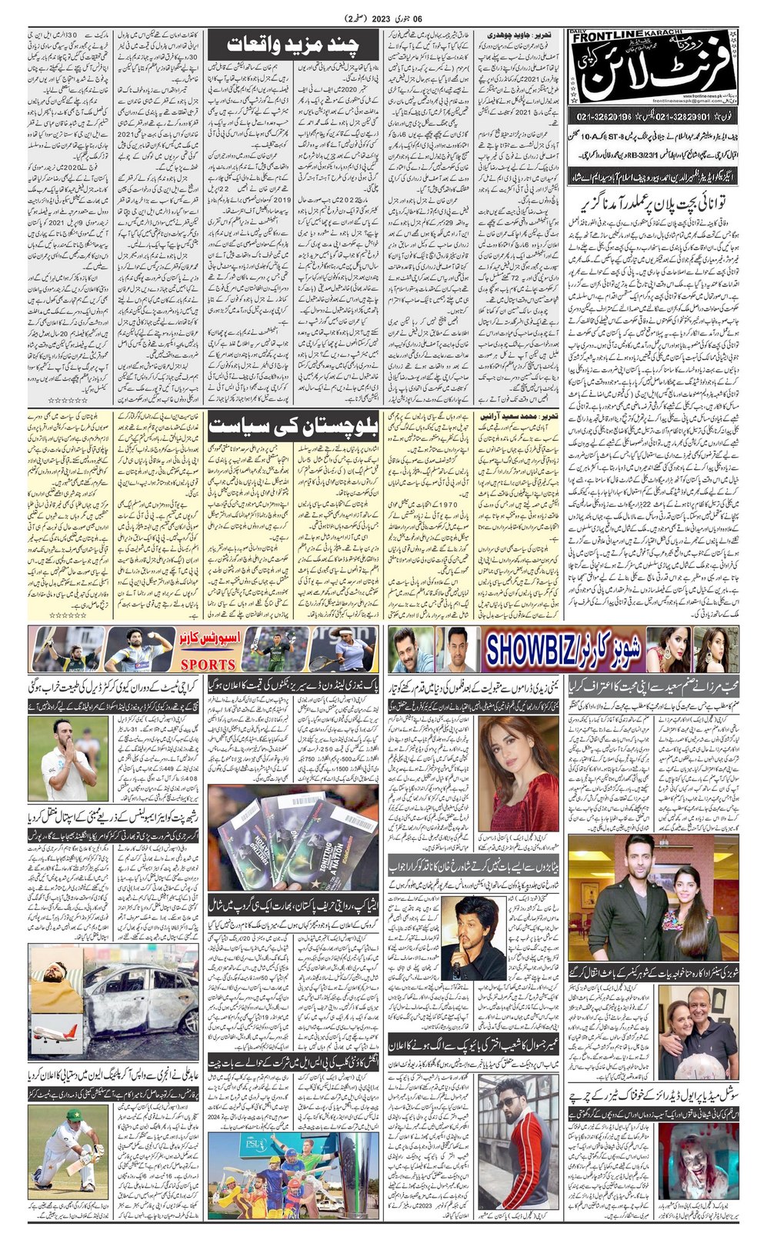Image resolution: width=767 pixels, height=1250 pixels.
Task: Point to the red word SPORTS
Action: click(208, 664)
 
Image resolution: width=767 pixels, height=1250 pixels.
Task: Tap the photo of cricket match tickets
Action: click(292, 828)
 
